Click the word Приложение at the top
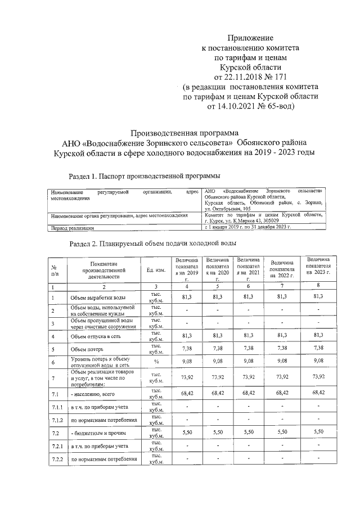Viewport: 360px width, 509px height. point(248,38)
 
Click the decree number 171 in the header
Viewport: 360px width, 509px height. point(281,76)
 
